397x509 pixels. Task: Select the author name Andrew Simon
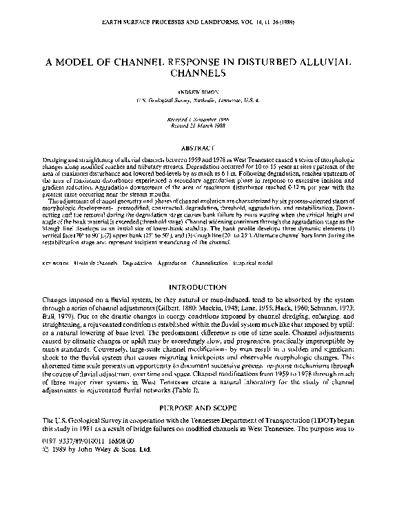point(198,91)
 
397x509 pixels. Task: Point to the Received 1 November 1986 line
point(198,118)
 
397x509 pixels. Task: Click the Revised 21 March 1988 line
point(198,125)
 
